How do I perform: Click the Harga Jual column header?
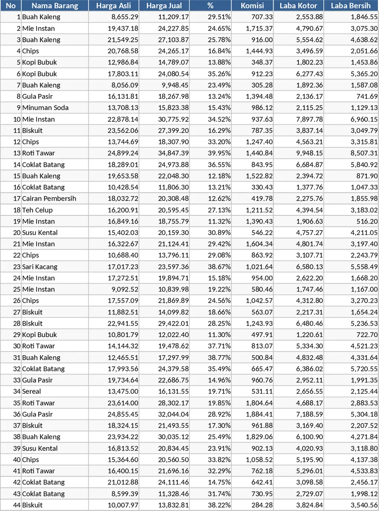coord(164,6)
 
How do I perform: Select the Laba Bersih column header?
coord(351,6)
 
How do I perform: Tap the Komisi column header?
coord(252,6)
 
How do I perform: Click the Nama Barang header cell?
coord(55,6)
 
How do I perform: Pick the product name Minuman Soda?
coord(45,108)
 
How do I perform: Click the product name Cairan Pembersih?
coord(49,199)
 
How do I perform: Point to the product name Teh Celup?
coord(37,210)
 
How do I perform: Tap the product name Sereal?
coord(31,391)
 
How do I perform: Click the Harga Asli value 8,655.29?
coord(125,17)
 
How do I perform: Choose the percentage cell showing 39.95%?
coord(219,153)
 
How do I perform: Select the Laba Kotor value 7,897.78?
coord(309,119)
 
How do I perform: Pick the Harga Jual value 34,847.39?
coord(173,153)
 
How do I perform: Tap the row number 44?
coord(17,505)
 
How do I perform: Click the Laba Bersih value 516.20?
coord(368,221)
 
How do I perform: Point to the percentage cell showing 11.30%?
coord(219,335)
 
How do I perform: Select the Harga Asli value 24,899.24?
coord(123,153)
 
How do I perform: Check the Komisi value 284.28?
coord(262,505)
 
